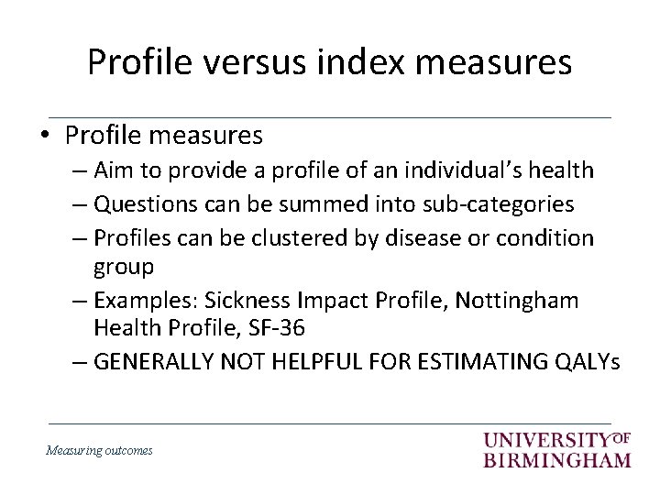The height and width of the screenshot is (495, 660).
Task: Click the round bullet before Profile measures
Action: [x=45, y=136]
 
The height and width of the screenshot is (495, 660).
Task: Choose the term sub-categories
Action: [x=495, y=204]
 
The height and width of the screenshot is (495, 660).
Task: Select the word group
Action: [x=124, y=267]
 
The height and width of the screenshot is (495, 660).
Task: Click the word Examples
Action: [x=146, y=301]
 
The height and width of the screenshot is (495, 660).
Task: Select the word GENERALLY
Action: [x=155, y=362]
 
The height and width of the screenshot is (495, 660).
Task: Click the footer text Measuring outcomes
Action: [x=99, y=450]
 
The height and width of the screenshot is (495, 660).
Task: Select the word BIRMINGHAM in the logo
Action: [x=557, y=458]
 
